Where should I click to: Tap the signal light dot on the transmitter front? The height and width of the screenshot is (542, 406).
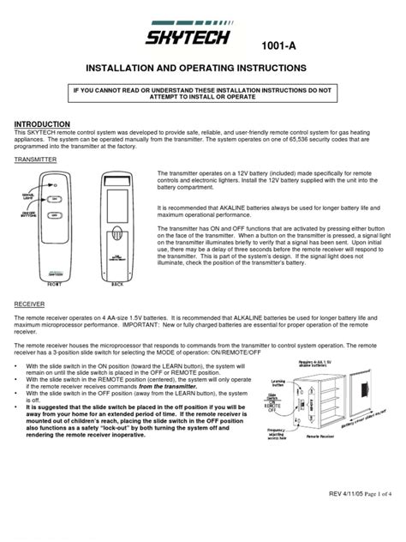56,185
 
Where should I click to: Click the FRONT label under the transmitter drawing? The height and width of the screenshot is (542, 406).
54,280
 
